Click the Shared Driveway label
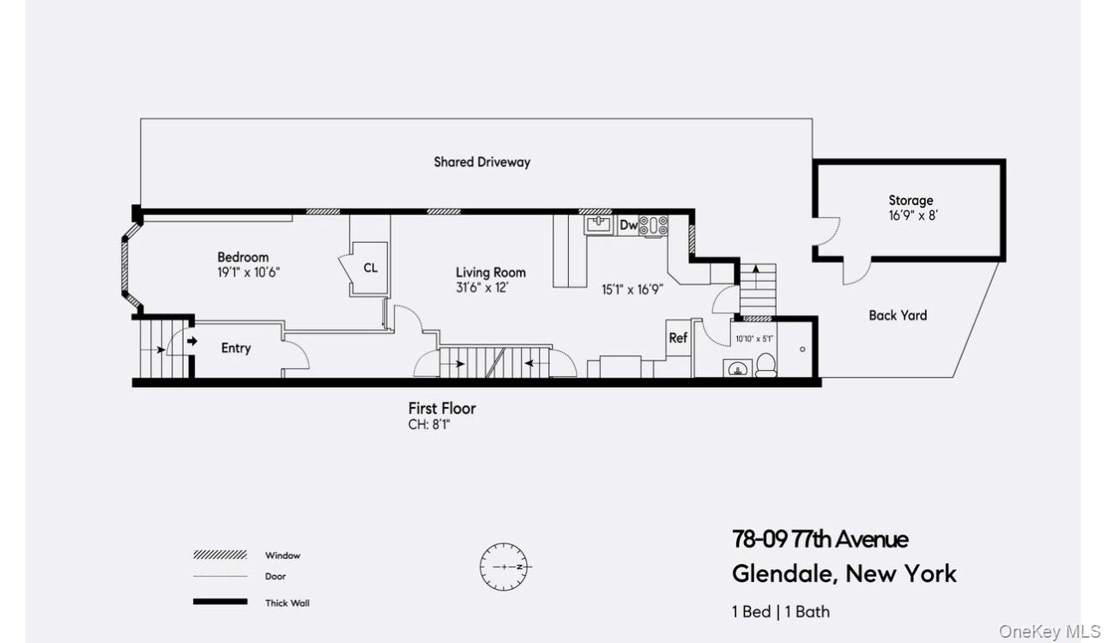coord(481,161)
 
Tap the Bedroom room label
coord(243,257)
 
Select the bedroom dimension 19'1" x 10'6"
coord(249,271)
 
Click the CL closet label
coord(370,268)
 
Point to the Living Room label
coord(490,273)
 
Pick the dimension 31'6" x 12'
coord(482,288)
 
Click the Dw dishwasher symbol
coord(628,225)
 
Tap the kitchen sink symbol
coord(599,225)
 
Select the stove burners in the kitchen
coord(655,225)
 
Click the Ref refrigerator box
coord(678,337)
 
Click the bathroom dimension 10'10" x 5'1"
coord(754,339)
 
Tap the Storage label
coord(910,201)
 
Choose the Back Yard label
coord(898,315)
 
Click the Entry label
coord(236,348)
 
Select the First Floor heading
coord(442,409)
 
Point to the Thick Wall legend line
coord(220,603)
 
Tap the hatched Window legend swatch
coord(220,555)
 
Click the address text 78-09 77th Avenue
coord(820,539)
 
